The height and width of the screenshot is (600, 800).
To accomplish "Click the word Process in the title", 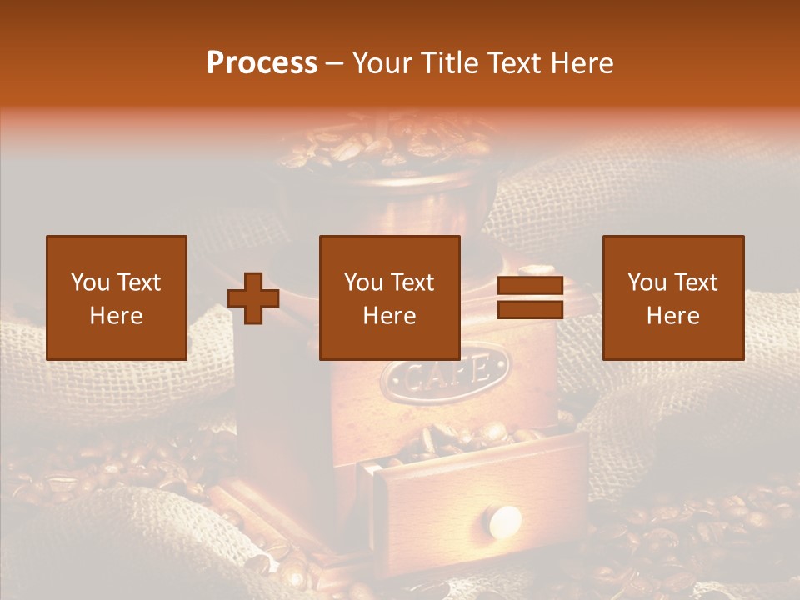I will click(x=262, y=63).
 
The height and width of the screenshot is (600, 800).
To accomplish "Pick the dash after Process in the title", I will click(x=334, y=64).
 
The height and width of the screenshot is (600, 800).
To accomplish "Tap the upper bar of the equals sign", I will click(x=530, y=286).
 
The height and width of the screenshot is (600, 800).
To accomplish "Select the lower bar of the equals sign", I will click(x=530, y=310).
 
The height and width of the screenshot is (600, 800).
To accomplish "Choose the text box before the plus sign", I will click(x=116, y=297).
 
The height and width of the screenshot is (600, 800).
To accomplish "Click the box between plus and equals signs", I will click(x=389, y=297).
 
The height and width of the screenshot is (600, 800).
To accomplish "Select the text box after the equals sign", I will click(x=672, y=297).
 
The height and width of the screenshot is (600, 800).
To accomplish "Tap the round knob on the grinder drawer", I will click(x=504, y=522).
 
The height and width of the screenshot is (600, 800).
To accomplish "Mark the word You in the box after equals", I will click(x=647, y=282).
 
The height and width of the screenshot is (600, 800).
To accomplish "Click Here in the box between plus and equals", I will click(x=389, y=316).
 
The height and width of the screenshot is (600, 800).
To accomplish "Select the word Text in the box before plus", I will click(x=138, y=282).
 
